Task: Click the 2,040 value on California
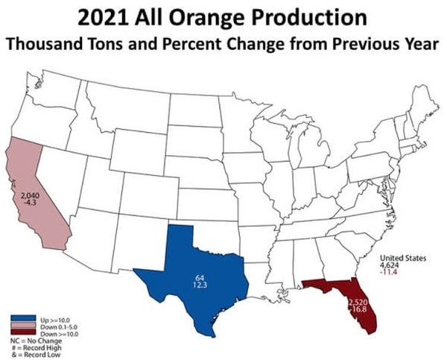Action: (22, 195)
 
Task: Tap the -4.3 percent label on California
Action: (22, 201)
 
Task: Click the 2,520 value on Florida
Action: (358, 301)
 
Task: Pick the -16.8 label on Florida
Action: (358, 309)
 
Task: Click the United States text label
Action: (403, 258)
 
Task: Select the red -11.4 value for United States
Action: (389, 272)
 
